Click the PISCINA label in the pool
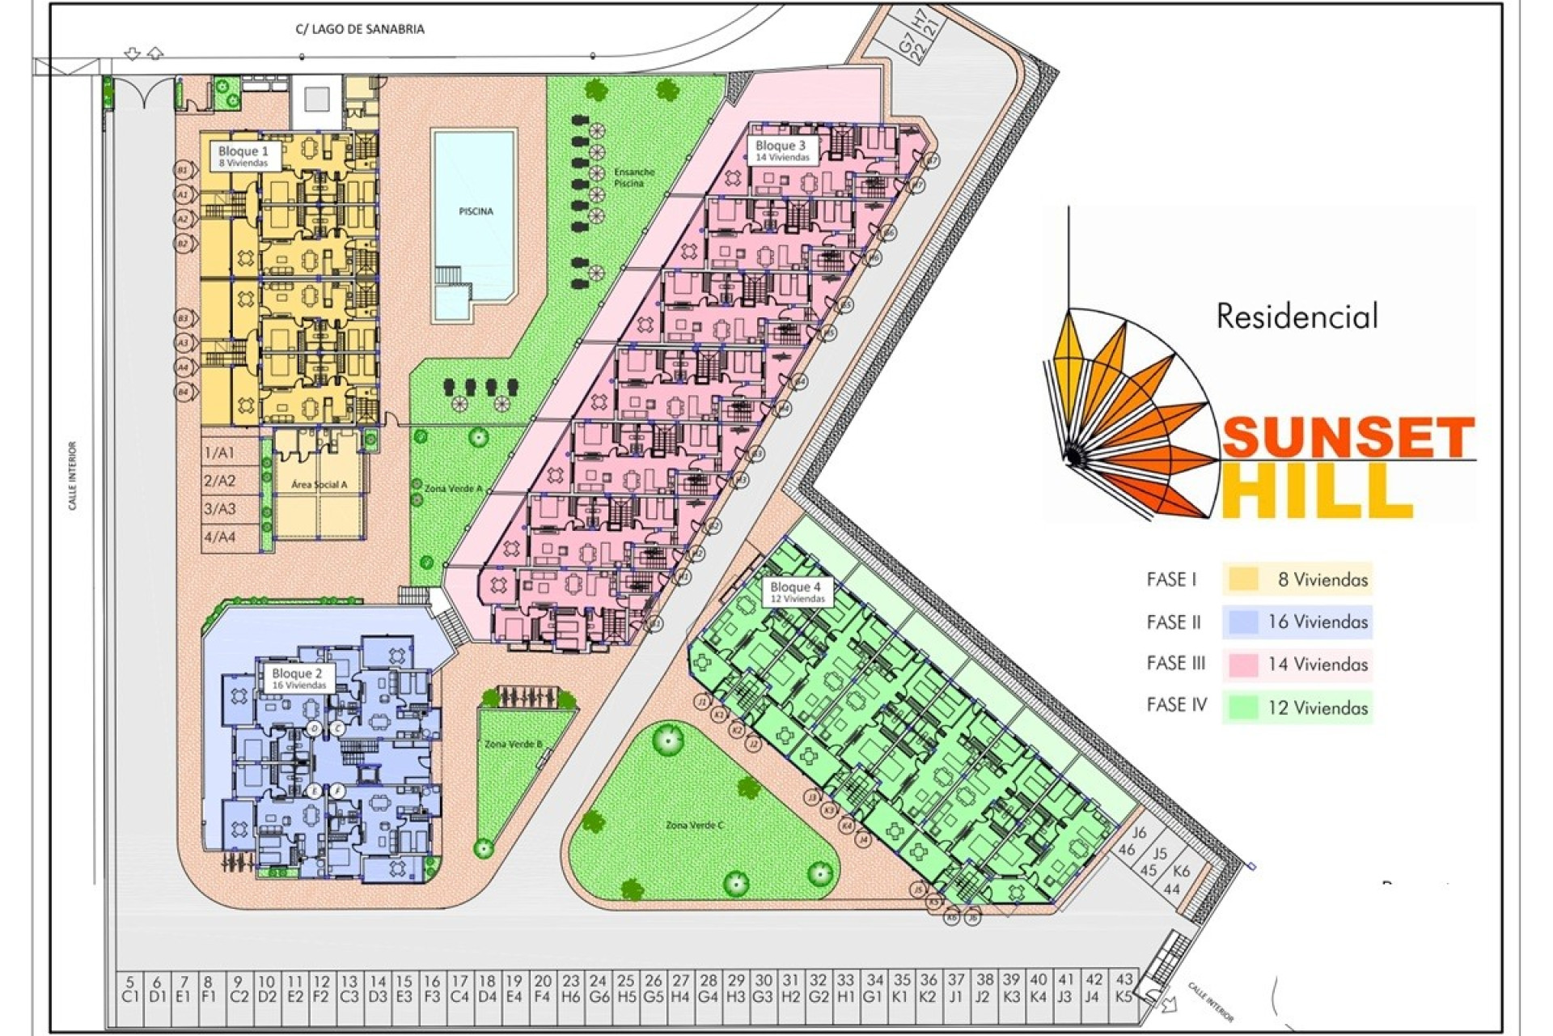(x=476, y=211)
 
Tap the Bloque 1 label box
(x=243, y=155)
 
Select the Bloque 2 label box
(x=298, y=678)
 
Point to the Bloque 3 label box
(x=781, y=151)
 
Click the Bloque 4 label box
(x=796, y=592)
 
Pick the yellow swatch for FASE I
(x=1243, y=580)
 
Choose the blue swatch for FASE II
(x=1243, y=622)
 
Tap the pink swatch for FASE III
(x=1243, y=664)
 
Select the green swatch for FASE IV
(x=1243, y=707)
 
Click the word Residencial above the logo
(x=1297, y=316)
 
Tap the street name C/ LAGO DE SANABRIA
(x=360, y=29)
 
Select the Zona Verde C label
(x=694, y=825)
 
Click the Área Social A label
(x=319, y=484)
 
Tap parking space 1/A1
(x=219, y=452)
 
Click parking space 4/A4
(x=219, y=537)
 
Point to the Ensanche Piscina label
(x=633, y=177)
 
